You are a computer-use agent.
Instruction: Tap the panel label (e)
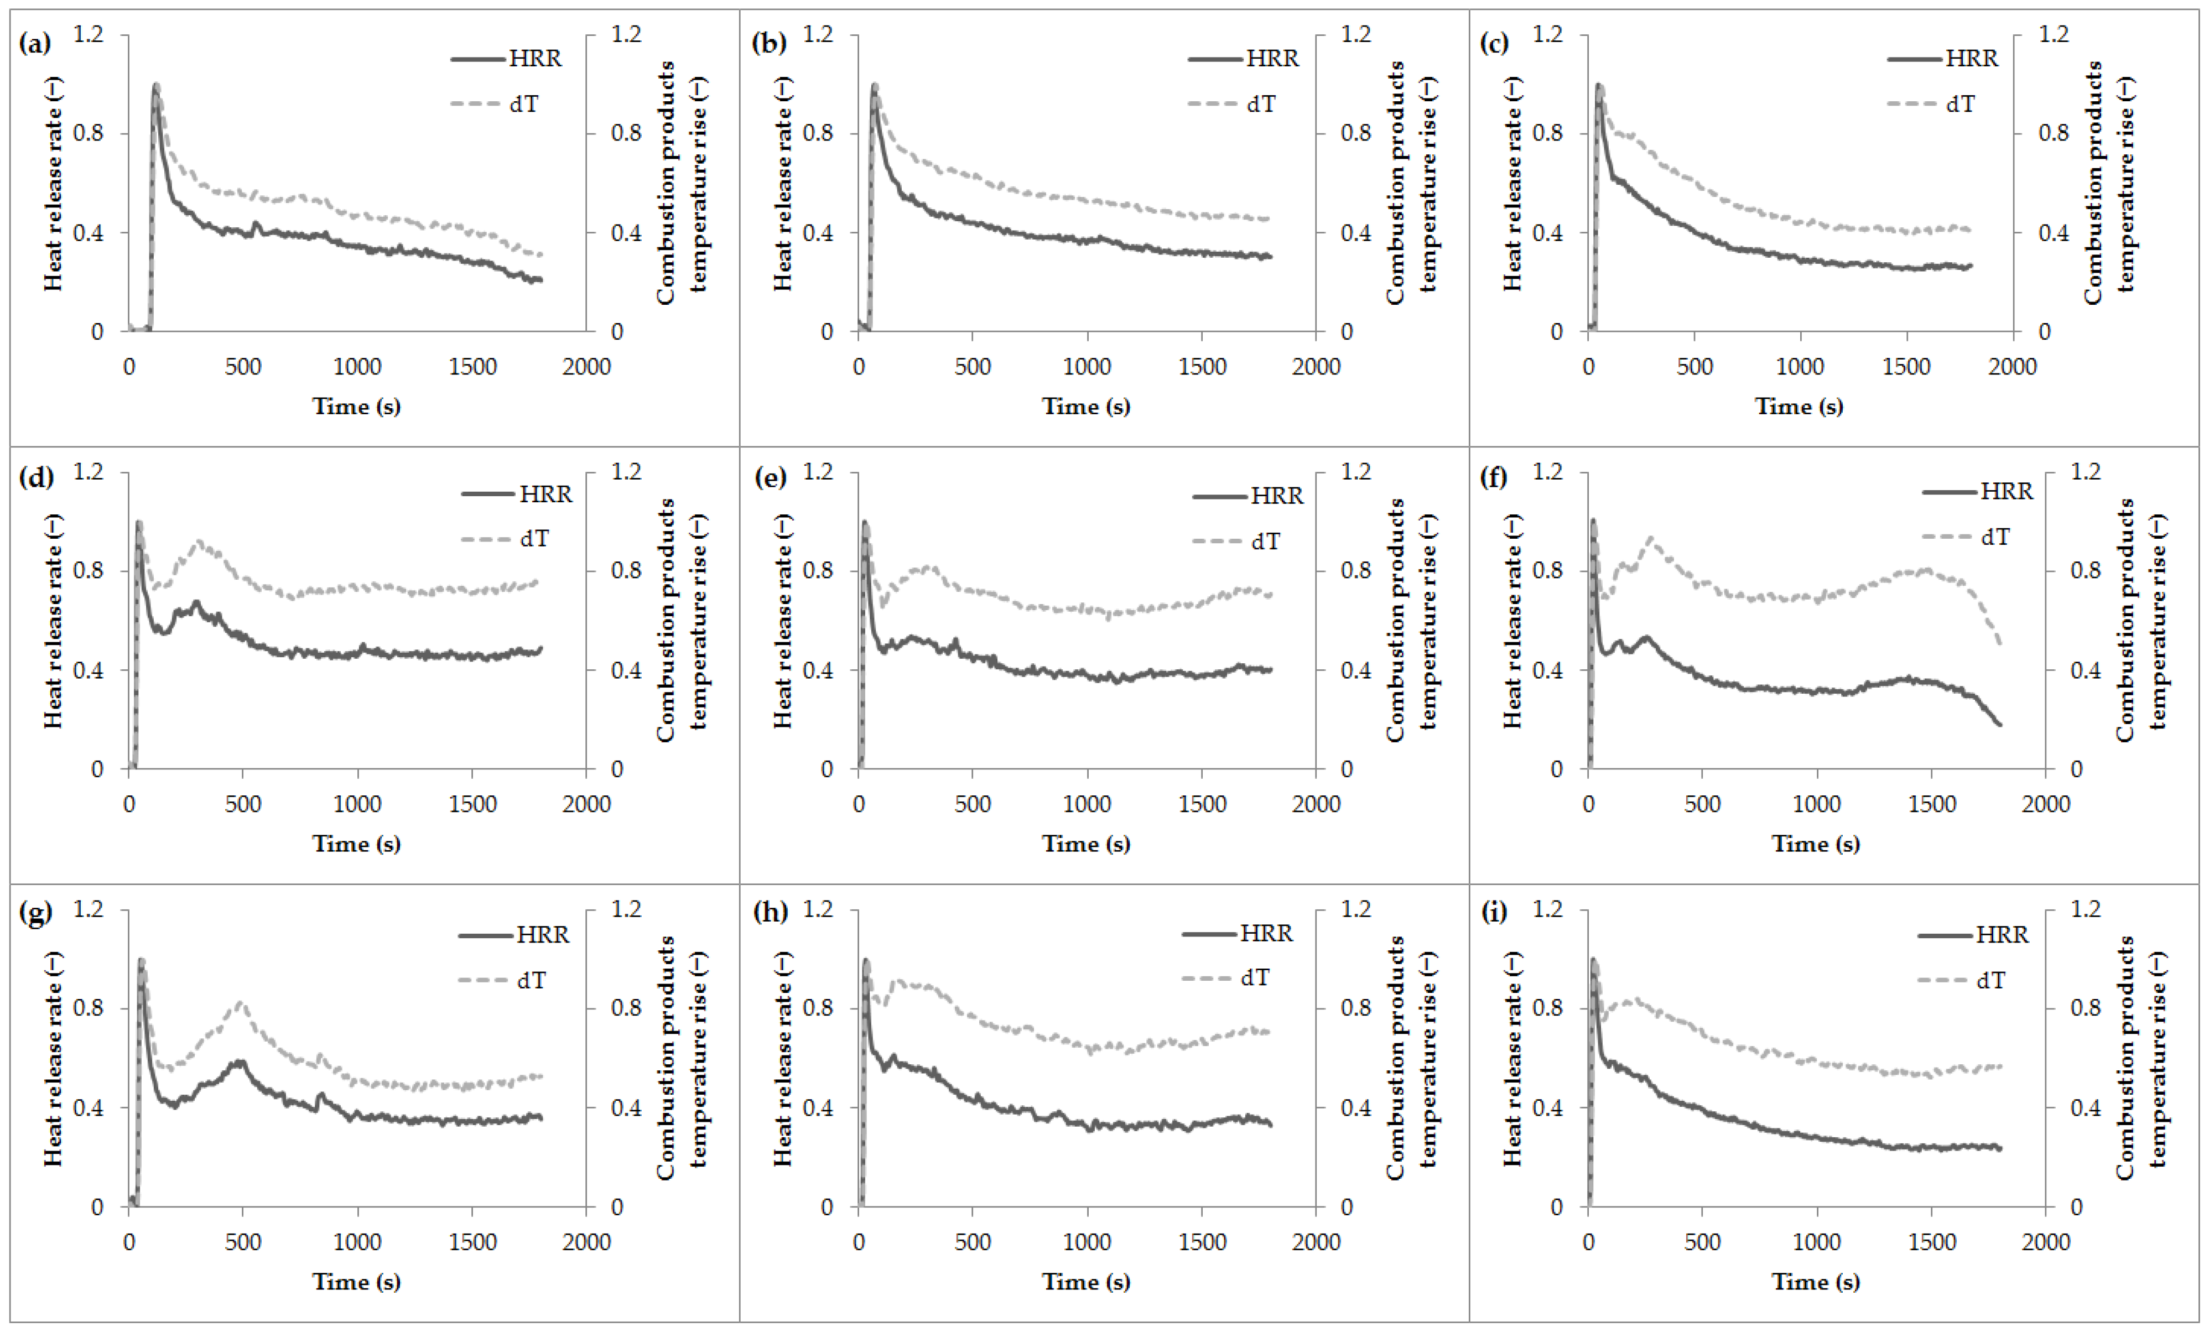(x=769, y=478)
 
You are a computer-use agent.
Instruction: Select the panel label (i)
(x=1493, y=913)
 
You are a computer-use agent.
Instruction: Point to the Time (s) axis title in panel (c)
(x=1799, y=406)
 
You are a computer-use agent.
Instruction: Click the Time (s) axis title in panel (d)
(x=356, y=844)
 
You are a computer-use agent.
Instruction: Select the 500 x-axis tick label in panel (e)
(x=973, y=804)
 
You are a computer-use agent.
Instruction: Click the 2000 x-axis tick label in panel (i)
(x=2046, y=1241)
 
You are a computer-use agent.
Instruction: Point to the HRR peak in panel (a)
(x=155, y=86)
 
